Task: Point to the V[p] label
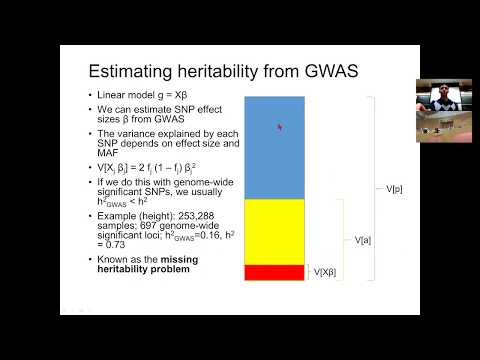pos(394,188)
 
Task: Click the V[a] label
pos(364,240)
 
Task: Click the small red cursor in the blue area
pos(279,127)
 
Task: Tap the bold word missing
pos(175,260)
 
